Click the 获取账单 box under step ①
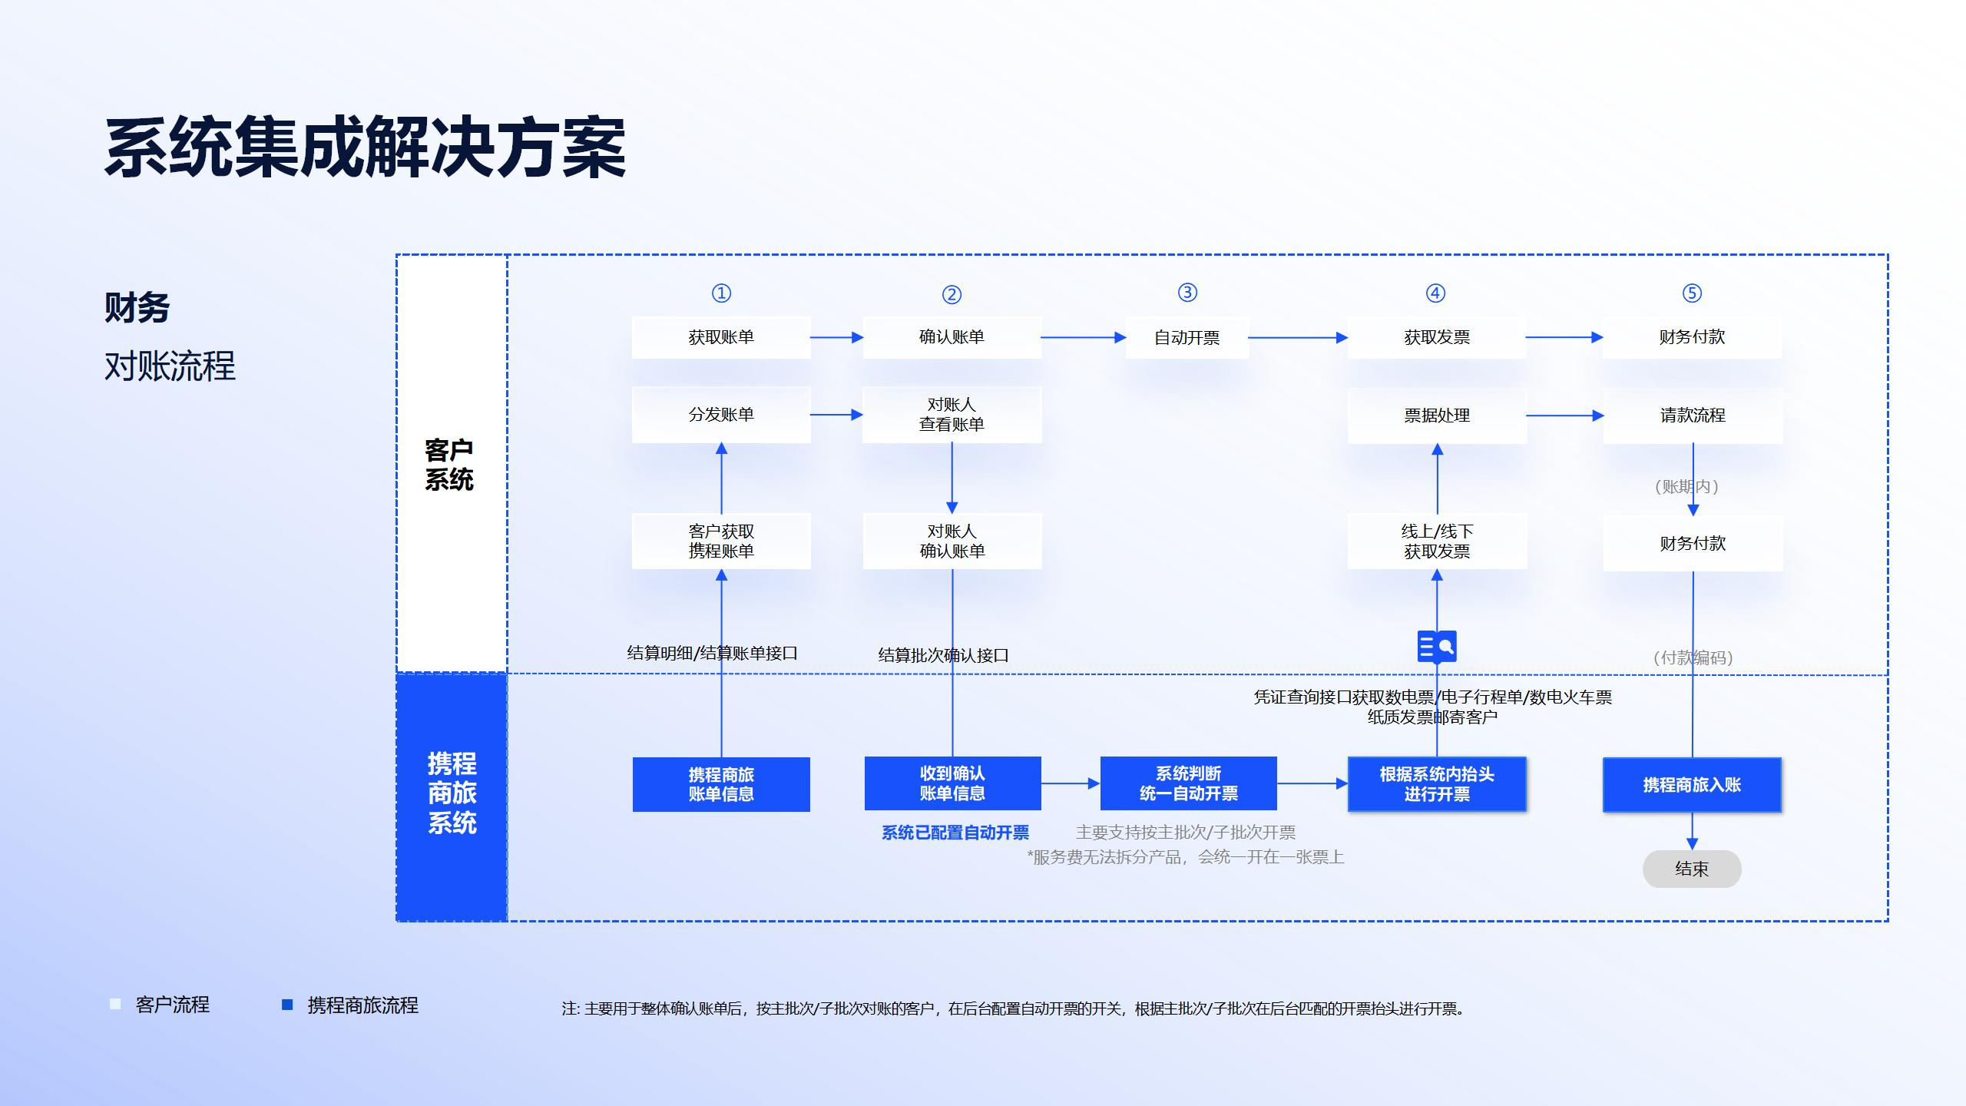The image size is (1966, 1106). pos(720,337)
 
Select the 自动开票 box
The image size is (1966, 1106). pos(1187,338)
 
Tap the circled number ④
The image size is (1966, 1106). pos(1435,293)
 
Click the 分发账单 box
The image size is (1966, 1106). pos(720,415)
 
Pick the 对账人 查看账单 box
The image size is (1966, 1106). pos(952,415)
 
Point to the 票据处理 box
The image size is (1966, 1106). pos(1436,416)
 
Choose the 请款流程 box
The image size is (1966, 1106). pos(1693,416)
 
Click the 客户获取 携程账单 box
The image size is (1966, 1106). pos(720,541)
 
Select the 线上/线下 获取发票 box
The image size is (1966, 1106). pos(1436,541)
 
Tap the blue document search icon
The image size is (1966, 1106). pos(1436,647)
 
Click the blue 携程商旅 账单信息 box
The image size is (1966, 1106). pos(720,784)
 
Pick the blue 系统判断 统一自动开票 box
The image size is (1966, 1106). pos(1188,783)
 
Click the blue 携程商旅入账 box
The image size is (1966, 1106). pos(1692,784)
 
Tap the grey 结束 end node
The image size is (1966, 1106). pos(1692,869)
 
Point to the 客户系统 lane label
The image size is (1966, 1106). pos(450,465)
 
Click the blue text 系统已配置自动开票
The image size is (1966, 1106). pos(955,833)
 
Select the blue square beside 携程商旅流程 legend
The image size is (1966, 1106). pos(287,1005)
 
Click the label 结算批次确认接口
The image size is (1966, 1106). pos(943,655)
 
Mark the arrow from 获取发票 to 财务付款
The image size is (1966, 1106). pos(1564,337)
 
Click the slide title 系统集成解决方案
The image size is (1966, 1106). pos(366,148)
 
